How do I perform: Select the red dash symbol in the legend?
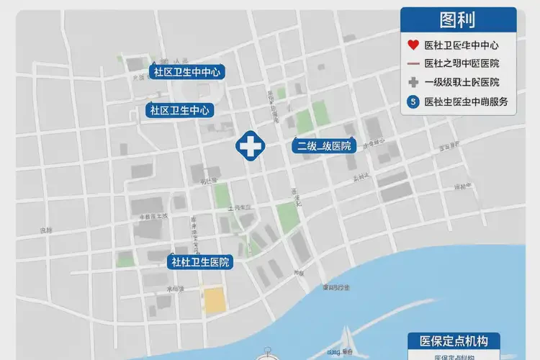click(413, 63)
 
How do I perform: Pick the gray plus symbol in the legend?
click(413, 82)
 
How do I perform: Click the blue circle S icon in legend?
click(413, 102)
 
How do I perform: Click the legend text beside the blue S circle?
click(467, 102)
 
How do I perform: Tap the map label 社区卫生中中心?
click(187, 72)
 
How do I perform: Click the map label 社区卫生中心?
click(180, 110)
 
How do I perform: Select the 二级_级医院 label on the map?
click(325, 146)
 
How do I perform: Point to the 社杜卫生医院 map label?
click(201, 262)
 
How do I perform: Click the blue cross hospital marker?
click(250, 146)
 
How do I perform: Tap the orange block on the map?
click(214, 301)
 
